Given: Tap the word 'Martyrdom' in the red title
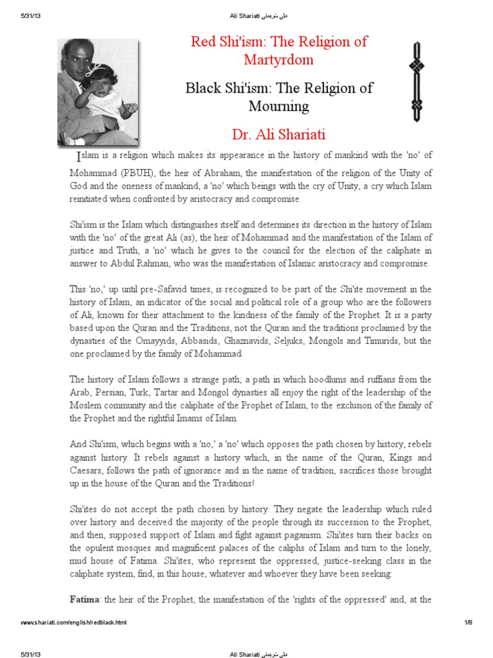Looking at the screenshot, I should click(x=279, y=60).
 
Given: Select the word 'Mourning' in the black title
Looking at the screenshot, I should click(x=279, y=106).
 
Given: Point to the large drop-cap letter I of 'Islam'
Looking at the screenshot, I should click(x=79, y=157).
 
